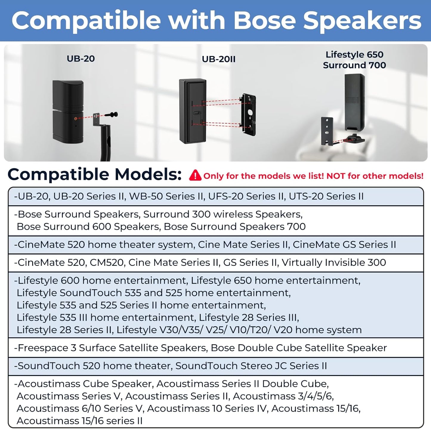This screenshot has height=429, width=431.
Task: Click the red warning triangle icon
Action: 195,175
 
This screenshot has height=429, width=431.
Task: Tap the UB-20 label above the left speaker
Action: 81,58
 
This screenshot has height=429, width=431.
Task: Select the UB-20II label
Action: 219,59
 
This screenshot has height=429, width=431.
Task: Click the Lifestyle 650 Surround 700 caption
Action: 354,60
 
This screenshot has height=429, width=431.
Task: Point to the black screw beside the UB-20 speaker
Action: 112,115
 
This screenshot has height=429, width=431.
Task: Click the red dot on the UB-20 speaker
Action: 76,118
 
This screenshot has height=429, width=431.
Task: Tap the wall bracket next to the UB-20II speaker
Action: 248,115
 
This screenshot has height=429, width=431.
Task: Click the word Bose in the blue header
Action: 265,21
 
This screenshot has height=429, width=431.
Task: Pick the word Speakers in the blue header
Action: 362,21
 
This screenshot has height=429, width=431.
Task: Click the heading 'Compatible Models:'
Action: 95,174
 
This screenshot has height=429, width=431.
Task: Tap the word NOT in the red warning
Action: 336,176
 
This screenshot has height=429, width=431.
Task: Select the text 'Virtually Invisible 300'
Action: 334,263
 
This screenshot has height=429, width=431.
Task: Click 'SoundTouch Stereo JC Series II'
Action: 251,366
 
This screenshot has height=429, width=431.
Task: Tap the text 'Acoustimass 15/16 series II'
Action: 80,421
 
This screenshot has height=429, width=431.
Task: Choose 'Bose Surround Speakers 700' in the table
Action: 235,226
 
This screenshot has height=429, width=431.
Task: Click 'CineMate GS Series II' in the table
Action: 344,245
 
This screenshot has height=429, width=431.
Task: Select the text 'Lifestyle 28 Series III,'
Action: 249,317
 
